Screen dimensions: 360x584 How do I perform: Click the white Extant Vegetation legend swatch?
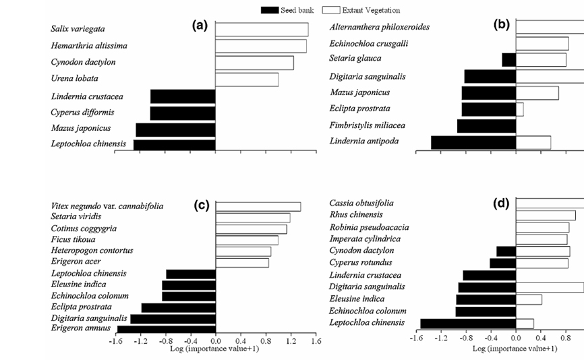click(330, 10)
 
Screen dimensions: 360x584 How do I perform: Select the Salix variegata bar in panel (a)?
click(262, 29)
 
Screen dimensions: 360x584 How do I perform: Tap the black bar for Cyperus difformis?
click(183, 113)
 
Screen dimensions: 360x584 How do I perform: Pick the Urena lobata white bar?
click(247, 80)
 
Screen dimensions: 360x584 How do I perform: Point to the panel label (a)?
click(199, 25)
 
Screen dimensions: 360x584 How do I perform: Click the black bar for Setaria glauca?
click(509, 60)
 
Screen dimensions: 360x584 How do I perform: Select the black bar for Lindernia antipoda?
click(473, 142)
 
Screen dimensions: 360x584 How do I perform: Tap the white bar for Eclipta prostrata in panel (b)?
click(520, 109)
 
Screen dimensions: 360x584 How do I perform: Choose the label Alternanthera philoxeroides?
click(380, 27)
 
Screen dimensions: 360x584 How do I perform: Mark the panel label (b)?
click(502, 25)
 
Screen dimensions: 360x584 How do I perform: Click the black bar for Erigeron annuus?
click(167, 329)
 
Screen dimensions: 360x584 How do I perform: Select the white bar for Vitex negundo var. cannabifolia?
click(258, 207)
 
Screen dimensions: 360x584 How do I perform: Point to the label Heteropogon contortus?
click(92, 251)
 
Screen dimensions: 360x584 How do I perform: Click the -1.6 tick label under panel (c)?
click(117, 340)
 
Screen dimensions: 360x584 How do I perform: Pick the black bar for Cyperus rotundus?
click(503, 263)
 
